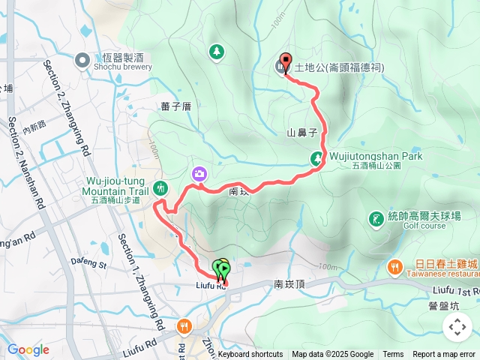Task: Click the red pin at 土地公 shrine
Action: point(284,64)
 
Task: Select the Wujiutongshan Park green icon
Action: point(317,157)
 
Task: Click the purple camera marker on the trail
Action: point(199,174)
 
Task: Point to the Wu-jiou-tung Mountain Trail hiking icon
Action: point(159,187)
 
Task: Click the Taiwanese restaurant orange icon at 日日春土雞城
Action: point(394,266)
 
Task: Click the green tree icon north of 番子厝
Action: point(217,51)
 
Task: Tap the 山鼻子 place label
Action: point(303,133)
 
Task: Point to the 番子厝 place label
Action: point(175,106)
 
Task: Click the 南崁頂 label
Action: point(289,284)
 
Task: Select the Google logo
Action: point(28,350)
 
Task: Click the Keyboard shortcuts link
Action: point(250,355)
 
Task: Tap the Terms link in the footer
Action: point(393,355)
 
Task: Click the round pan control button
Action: point(457,327)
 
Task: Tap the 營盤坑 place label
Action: point(444,306)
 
